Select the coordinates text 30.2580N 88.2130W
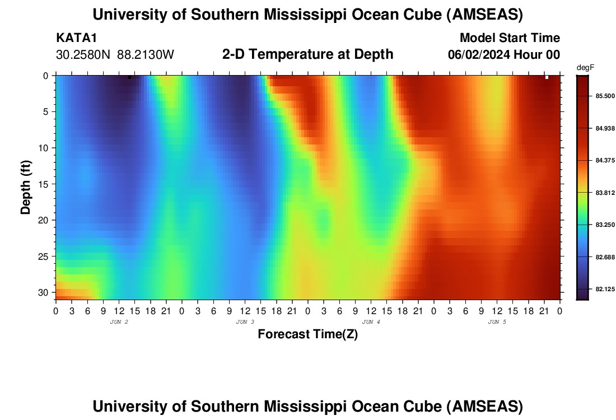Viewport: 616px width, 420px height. point(115,55)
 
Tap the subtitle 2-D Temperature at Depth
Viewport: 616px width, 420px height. point(307,54)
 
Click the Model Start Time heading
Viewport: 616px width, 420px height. point(509,38)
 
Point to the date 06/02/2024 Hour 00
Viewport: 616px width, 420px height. point(504,55)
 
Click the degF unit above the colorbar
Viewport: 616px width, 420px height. point(585,68)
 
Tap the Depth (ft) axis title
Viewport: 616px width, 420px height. point(26,186)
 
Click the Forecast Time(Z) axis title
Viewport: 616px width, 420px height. point(307,334)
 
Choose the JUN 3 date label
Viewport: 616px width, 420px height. point(245,322)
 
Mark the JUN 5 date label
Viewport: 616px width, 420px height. point(497,322)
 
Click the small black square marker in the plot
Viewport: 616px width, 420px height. point(129,77)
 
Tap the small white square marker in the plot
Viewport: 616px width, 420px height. point(547,77)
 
